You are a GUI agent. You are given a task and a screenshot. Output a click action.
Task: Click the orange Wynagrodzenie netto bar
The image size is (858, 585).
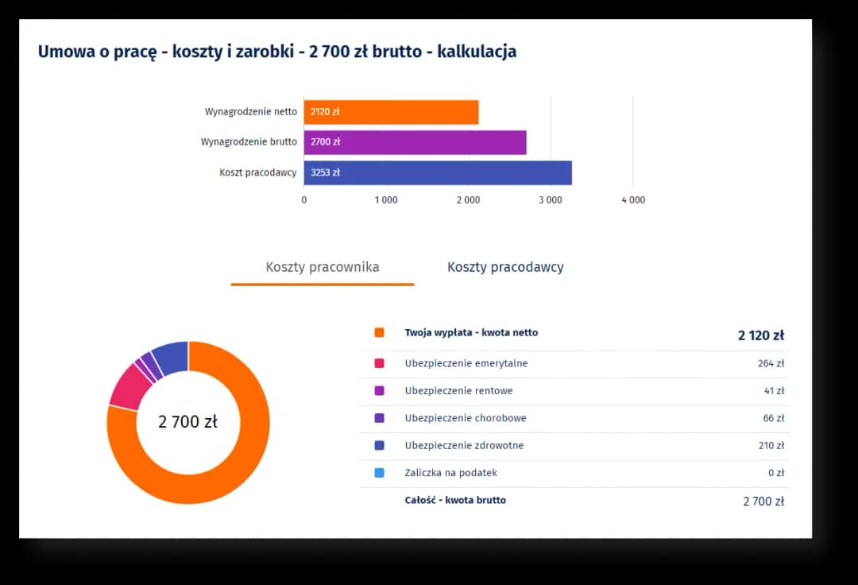(391, 112)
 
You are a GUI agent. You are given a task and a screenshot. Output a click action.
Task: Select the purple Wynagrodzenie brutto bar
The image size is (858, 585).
(415, 142)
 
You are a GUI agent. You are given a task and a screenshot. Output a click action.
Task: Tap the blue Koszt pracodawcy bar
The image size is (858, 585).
(437, 172)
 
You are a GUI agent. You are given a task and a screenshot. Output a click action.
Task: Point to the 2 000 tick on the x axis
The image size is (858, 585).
(467, 200)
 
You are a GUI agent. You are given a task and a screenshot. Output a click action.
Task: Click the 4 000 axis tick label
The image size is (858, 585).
(632, 200)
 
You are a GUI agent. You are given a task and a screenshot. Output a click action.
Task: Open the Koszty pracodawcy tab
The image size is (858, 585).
(505, 267)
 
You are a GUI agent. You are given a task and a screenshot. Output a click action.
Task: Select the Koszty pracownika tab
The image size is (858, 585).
(322, 267)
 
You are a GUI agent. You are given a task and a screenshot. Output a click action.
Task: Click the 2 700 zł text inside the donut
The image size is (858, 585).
(187, 422)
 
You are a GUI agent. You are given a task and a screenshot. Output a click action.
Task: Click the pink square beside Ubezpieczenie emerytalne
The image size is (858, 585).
(379, 363)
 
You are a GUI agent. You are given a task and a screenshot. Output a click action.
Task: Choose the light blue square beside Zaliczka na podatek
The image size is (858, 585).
(379, 473)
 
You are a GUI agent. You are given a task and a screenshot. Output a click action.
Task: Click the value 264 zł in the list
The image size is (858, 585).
(771, 363)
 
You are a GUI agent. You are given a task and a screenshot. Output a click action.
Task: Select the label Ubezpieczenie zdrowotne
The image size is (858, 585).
(464, 445)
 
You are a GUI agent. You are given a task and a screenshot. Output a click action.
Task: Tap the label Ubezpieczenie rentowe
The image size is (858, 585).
(458, 391)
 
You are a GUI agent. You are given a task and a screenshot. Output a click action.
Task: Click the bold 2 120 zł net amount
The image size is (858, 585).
(760, 335)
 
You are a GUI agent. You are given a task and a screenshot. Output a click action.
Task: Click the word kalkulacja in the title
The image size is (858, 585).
(477, 52)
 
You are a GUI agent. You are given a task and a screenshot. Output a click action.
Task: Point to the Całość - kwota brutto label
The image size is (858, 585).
(455, 500)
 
